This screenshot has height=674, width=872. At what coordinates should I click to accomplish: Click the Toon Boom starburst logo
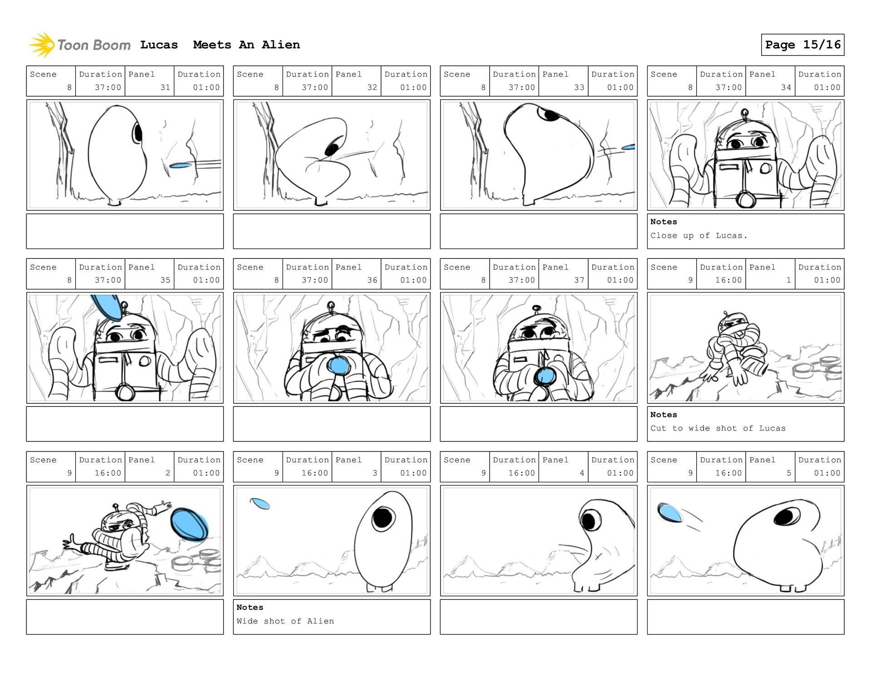(x=42, y=45)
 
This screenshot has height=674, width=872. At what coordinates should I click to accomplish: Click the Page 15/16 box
(x=803, y=45)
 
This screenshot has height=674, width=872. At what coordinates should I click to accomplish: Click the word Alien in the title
(x=281, y=45)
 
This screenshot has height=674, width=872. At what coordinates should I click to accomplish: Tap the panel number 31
(x=165, y=87)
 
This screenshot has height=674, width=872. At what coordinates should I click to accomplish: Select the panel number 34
(x=786, y=87)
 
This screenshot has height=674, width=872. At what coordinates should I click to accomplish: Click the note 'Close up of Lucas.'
(x=699, y=235)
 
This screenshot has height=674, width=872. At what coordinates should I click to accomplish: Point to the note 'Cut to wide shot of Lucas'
(x=718, y=428)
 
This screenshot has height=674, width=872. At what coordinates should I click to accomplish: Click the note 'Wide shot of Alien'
(x=285, y=621)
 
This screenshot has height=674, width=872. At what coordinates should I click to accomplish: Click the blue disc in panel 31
(x=180, y=166)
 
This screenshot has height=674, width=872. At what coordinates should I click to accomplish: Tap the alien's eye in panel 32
(x=332, y=149)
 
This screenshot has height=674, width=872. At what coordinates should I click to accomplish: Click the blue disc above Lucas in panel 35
(x=107, y=307)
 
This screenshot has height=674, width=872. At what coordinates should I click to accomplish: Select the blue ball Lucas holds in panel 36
(x=338, y=365)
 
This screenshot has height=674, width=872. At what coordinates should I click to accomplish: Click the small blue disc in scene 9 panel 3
(x=260, y=503)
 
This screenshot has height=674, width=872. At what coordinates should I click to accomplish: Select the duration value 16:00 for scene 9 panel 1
(x=728, y=280)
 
